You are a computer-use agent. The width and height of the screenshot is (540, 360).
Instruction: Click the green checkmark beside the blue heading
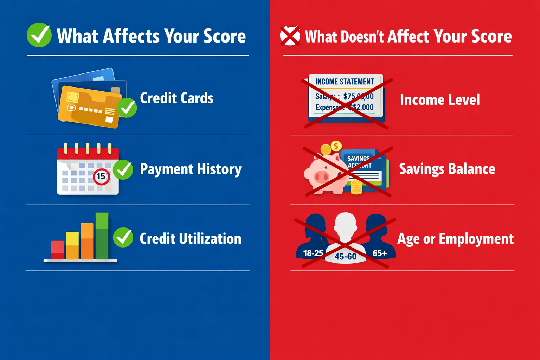(x=39, y=35)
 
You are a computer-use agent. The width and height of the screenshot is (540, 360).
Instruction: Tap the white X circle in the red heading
(x=290, y=36)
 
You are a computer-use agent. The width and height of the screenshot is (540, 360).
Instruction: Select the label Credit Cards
(x=176, y=98)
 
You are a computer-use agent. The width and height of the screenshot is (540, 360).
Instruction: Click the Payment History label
(x=191, y=169)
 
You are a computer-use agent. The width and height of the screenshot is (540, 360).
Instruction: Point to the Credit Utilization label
(x=190, y=239)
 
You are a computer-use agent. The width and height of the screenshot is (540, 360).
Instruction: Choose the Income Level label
(x=440, y=100)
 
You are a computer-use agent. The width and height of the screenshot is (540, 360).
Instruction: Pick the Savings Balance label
(x=447, y=169)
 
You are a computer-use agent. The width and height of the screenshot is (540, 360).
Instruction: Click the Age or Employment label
(x=455, y=239)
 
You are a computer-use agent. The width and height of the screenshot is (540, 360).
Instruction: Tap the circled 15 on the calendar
(x=101, y=176)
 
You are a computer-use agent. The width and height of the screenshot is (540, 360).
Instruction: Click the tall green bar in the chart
(x=102, y=236)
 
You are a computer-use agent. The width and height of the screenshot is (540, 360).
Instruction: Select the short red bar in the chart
(x=58, y=250)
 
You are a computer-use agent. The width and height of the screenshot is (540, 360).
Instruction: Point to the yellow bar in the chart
(x=72, y=245)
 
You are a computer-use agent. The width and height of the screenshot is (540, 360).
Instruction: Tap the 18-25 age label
(x=313, y=253)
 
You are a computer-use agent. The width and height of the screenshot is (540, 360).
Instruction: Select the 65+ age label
(x=380, y=253)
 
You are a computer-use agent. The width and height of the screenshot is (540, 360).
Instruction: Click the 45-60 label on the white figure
(x=345, y=257)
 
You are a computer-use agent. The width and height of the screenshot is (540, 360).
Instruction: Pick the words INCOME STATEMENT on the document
(x=345, y=82)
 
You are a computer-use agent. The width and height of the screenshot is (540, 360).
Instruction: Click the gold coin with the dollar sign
(x=336, y=146)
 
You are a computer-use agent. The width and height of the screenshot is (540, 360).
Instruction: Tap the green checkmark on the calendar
(x=123, y=169)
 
